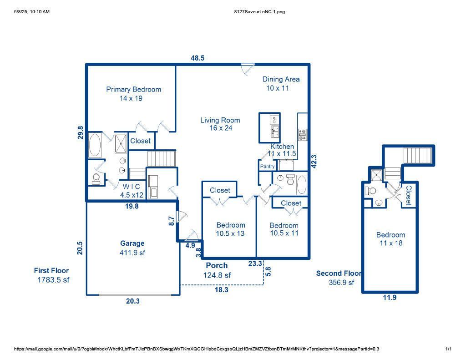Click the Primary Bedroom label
pos(133,90)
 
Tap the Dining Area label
pos(281,79)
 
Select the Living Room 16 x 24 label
pos(220,124)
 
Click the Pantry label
pos(267,167)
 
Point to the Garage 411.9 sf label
pos(132,248)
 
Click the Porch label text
pos(217,266)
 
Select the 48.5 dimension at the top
pos(197,58)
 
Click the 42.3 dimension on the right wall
pos(314,162)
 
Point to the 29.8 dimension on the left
pos(81,132)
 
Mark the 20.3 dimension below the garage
pos(132,301)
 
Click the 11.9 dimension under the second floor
pos(389,298)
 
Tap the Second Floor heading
pos(339,274)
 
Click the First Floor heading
pos(51,271)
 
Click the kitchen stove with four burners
pos(303,135)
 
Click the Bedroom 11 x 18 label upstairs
pos(390,239)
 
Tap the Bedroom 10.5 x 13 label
pos(230,229)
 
